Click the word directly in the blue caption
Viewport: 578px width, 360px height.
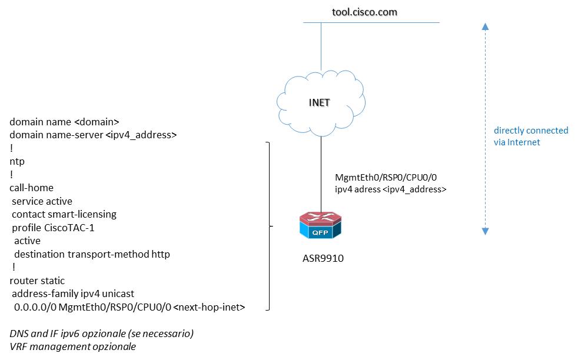pos(507,131)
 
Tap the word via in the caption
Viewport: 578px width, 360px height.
pos(499,142)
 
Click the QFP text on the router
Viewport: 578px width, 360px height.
pos(320,232)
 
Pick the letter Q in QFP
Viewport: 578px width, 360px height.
pos(315,232)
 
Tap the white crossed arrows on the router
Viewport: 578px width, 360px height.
pos(321,218)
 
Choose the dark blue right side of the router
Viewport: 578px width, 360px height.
pos(337,230)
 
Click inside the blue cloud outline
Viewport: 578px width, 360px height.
pos(321,103)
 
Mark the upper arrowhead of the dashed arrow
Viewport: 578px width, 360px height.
pos(485,26)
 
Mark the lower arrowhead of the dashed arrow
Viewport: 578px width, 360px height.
pos(485,231)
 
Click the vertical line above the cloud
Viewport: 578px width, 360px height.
pos(321,47)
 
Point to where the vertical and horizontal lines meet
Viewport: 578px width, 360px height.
pos(321,23)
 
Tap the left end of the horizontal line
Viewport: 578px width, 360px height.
pos(304,23)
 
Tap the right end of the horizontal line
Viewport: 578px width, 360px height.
pos(439,23)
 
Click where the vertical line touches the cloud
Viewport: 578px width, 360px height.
pos(321,71)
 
